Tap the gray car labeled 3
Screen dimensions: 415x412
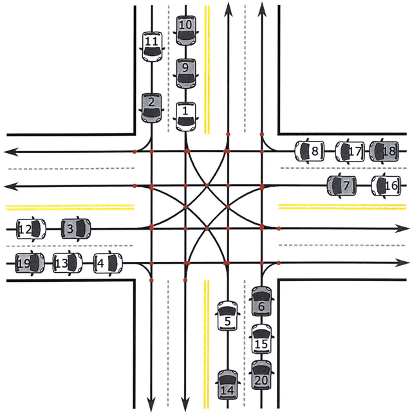tap(77, 228)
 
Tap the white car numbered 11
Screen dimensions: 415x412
tap(151, 46)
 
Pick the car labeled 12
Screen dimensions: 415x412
tap(30, 228)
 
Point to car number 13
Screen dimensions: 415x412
tap(67, 263)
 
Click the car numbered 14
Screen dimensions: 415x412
tap(227, 385)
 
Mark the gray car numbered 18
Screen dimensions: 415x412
tap(385, 152)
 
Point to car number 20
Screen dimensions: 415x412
tap(261, 376)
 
